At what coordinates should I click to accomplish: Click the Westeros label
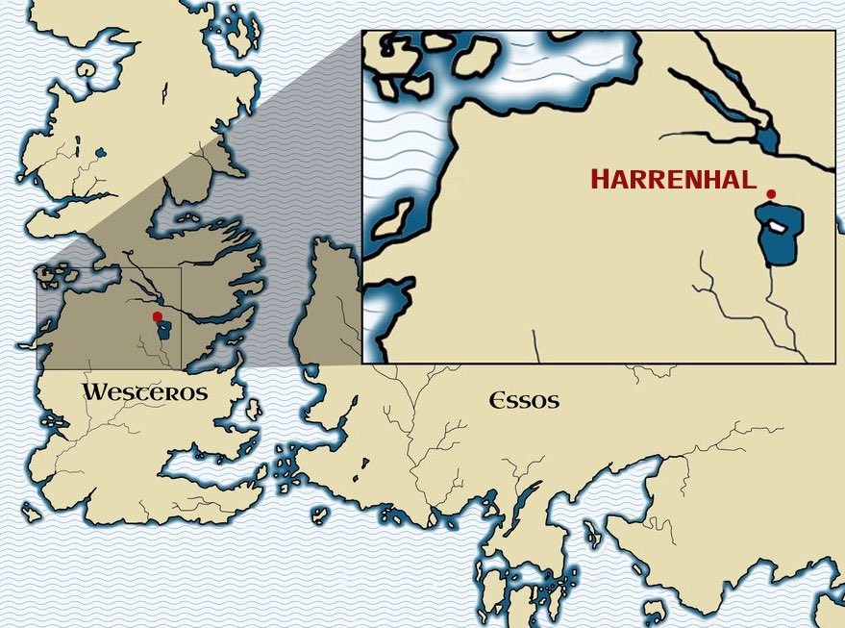[144, 392]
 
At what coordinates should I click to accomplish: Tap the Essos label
[524, 400]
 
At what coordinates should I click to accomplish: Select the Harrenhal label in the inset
[673, 179]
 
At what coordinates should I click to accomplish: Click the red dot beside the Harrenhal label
[770, 194]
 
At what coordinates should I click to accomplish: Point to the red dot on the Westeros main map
[158, 315]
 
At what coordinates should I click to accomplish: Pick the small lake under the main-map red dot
[164, 330]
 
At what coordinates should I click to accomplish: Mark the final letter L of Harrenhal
[749, 180]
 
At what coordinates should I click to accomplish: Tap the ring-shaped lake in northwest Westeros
[87, 70]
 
